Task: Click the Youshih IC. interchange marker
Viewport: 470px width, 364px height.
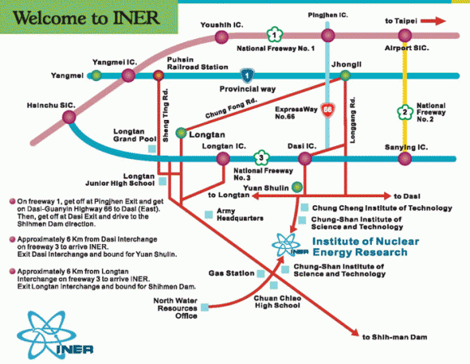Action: click(222, 37)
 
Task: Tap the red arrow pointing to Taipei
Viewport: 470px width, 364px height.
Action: click(434, 21)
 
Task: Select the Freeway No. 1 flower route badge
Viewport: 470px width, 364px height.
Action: click(275, 35)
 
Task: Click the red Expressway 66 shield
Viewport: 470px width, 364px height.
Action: click(327, 109)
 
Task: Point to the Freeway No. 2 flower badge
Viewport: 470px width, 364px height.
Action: click(404, 113)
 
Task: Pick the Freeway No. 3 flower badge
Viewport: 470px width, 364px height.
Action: click(262, 158)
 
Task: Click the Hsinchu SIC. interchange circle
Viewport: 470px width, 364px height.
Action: click(69, 117)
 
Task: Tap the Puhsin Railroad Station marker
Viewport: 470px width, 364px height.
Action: click(159, 75)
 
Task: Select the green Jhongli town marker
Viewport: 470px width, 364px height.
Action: click(345, 75)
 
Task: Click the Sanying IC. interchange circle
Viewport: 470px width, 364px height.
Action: click(404, 158)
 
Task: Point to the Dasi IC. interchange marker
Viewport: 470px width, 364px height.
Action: click(305, 158)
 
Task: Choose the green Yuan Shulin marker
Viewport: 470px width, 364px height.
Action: click(297, 187)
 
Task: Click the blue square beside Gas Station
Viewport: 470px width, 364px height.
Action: click(261, 273)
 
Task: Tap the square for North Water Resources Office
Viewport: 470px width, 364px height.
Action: click(205, 307)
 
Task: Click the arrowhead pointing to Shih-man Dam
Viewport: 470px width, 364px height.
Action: click(356, 333)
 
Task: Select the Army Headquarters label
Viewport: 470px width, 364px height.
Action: click(240, 214)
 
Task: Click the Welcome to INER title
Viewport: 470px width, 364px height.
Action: click(87, 18)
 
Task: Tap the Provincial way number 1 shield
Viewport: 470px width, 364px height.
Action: click(247, 75)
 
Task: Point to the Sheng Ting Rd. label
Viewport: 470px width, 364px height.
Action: click(165, 115)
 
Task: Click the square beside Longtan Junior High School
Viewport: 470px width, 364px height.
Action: click(162, 181)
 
